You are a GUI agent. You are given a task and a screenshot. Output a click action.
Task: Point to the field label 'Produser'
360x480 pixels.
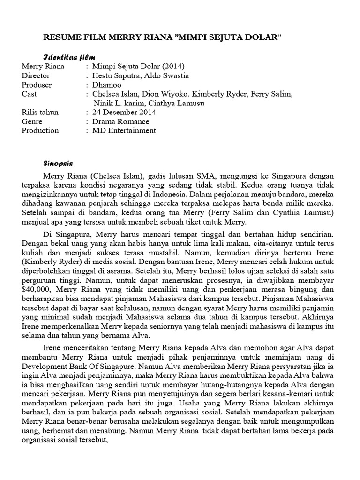click(x=37, y=85)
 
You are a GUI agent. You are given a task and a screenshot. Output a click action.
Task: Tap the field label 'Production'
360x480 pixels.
click(x=40, y=131)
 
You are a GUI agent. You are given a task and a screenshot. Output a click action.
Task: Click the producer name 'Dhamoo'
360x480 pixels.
click(x=106, y=85)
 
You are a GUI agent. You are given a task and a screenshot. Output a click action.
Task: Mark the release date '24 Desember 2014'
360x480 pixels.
click(x=124, y=112)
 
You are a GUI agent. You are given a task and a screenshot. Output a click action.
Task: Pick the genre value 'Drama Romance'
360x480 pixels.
click(x=120, y=121)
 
